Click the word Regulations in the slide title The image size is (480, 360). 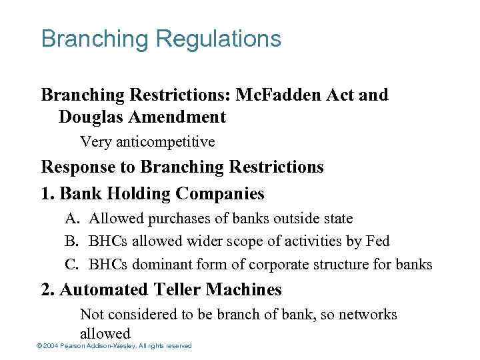(x=219, y=39)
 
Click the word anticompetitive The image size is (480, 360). (x=165, y=141)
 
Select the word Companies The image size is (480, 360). (x=221, y=194)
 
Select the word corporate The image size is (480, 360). (x=277, y=265)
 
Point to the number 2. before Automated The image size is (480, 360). (x=47, y=290)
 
